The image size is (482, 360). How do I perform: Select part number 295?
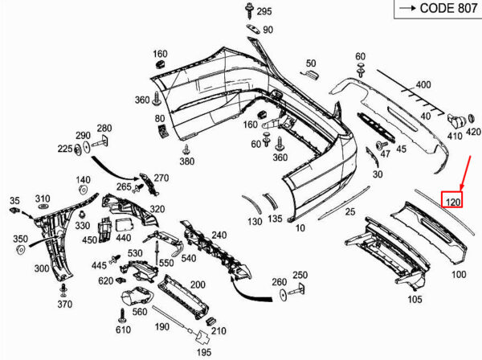[264, 11]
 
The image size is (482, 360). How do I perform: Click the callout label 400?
[423, 84]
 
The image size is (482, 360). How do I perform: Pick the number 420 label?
[473, 131]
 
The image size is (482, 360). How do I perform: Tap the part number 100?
[459, 274]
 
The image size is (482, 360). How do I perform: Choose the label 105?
[414, 301]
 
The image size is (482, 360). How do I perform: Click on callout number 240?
[219, 235]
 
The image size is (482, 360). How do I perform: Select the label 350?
[20, 239]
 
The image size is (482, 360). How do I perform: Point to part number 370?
[65, 305]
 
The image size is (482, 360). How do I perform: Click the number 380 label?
[186, 161]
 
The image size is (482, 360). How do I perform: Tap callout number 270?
[161, 178]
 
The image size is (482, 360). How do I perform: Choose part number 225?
[64, 149]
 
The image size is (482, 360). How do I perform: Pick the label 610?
[123, 330]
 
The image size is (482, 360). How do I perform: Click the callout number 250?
[300, 275]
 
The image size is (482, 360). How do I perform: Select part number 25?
[349, 211]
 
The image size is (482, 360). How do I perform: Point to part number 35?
[14, 200]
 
